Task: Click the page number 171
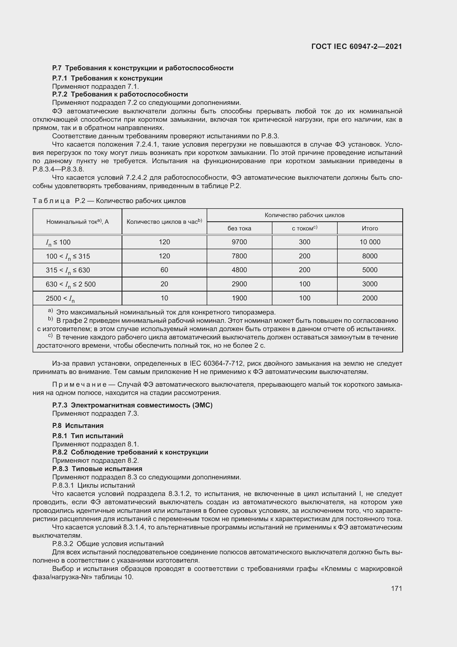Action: [x=396, y=588]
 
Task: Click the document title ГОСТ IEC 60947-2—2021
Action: [x=356, y=47]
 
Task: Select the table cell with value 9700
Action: [x=239, y=242]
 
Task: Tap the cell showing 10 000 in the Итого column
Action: [x=369, y=242]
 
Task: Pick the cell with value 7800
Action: [x=239, y=256]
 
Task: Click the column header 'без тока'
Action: [x=239, y=228]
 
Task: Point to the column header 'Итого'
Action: [x=369, y=228]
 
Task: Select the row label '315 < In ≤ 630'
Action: [x=68, y=270]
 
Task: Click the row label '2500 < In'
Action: [x=60, y=298]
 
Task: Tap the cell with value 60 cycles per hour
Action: [x=164, y=270]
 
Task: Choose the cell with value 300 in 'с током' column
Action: [x=304, y=242]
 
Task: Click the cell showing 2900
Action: [x=239, y=284]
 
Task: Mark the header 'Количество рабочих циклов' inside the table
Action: [x=304, y=215]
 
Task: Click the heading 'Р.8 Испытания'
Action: [x=78, y=425]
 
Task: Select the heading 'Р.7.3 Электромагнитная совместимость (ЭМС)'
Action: [x=132, y=405]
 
